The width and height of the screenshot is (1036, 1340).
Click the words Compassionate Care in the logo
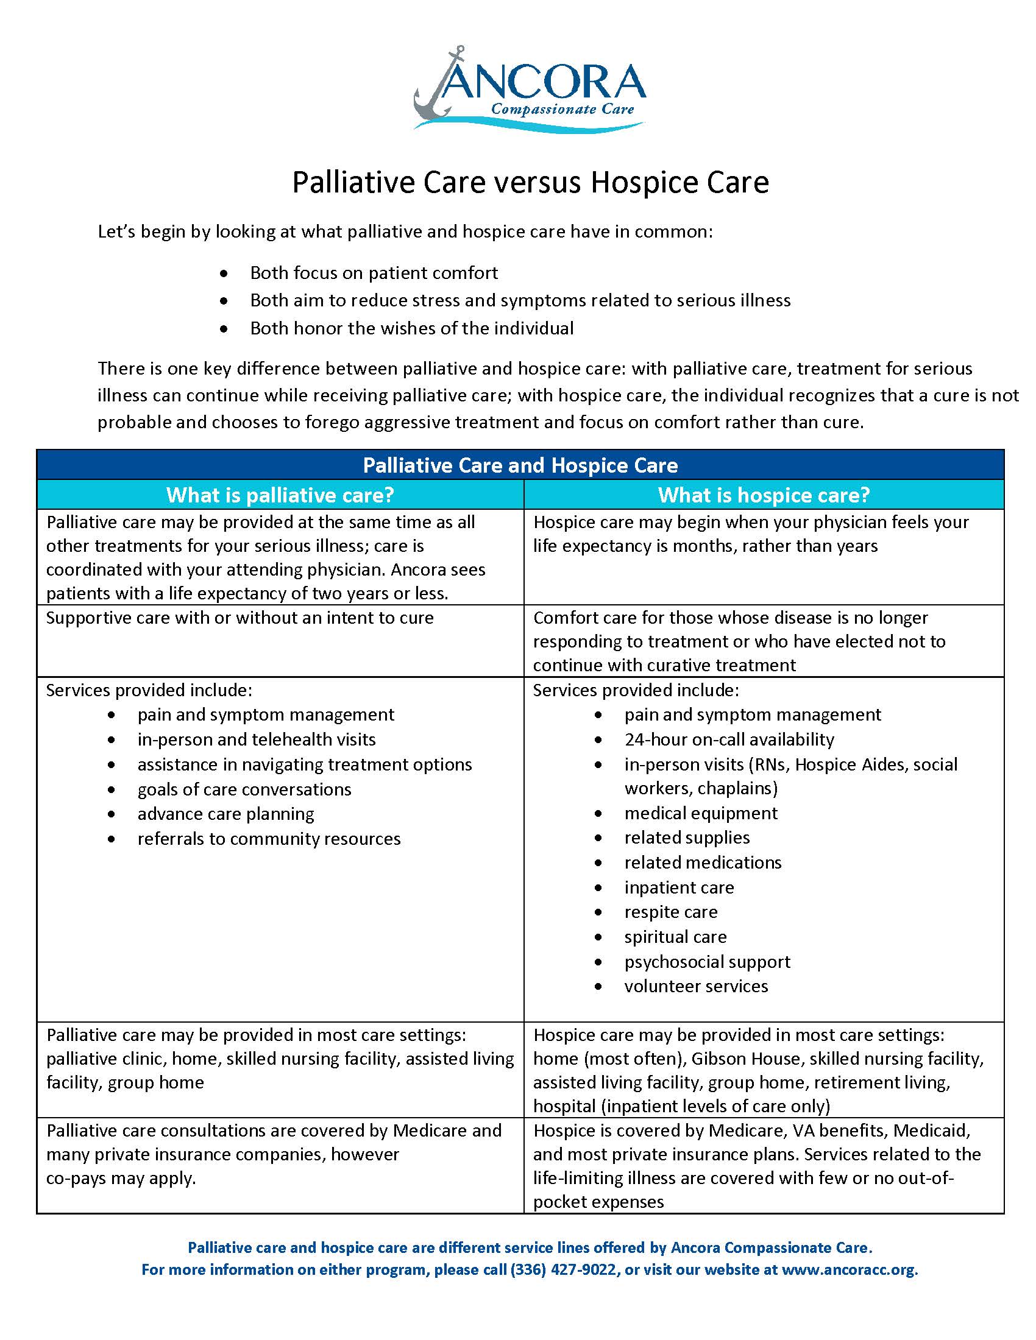[x=562, y=110]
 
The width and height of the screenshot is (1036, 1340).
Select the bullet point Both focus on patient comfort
[x=374, y=273]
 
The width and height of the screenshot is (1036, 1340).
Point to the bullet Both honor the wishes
[x=412, y=328]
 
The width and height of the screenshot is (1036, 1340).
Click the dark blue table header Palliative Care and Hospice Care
[x=520, y=465]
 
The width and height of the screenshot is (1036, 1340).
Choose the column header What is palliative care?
[x=280, y=495]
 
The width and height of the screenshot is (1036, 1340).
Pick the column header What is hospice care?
[x=764, y=495]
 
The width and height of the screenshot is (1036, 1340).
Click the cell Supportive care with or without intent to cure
[x=239, y=618]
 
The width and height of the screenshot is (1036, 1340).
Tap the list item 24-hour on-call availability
[x=729, y=739]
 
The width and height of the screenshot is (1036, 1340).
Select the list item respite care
[x=671, y=912]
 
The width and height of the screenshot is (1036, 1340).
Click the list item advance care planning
[x=226, y=814]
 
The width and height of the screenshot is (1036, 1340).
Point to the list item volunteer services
[x=696, y=986]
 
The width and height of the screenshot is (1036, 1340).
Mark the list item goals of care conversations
[x=244, y=789]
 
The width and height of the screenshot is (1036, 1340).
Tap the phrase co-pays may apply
[x=121, y=1179]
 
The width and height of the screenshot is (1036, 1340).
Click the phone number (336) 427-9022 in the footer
[x=563, y=1269]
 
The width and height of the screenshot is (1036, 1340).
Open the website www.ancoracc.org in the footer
[x=850, y=1269]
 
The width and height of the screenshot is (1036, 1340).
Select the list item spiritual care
[x=675, y=937]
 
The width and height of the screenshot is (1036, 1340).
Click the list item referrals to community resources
[x=269, y=839]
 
